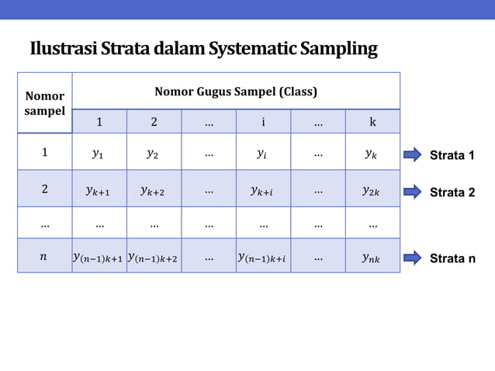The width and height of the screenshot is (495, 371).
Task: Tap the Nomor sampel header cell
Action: [45, 103]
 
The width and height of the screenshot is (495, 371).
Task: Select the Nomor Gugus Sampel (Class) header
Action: [236, 92]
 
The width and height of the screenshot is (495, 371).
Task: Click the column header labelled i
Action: [263, 122]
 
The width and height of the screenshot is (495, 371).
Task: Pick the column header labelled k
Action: [372, 122]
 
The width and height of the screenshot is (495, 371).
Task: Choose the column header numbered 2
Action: [154, 122]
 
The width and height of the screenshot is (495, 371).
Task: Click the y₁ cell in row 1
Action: [99, 154]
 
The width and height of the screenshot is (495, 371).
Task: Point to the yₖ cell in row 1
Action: [372, 154]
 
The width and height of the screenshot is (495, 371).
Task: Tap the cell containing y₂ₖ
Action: [372, 189]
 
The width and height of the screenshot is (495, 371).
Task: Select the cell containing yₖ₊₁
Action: [99, 189]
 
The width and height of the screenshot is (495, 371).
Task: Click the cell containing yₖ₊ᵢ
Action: [263, 189]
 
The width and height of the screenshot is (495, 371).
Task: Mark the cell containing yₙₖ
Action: [372, 257]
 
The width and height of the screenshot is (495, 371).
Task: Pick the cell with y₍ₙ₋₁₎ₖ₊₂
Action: [154, 257]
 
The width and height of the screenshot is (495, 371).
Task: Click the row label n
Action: [44, 257]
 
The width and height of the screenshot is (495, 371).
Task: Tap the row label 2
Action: [44, 189]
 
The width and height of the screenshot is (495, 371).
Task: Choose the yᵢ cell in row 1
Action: [263, 154]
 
